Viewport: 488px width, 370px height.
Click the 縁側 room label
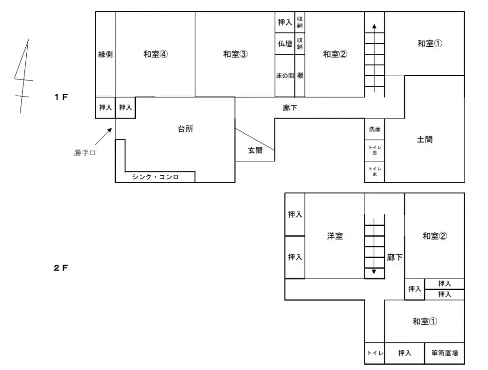click(105, 54)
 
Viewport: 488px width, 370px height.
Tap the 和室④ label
click(155, 54)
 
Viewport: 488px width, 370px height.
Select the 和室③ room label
click(235, 54)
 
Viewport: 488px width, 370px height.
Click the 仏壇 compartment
click(285, 44)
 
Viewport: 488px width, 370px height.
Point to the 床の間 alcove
click(285, 76)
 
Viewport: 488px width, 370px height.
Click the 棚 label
click(300, 76)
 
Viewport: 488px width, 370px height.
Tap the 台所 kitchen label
click(185, 129)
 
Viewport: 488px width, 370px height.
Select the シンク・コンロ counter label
click(155, 177)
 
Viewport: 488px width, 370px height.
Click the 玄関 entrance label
click(255, 151)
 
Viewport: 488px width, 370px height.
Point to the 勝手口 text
click(85, 153)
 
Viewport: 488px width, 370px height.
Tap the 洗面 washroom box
click(375, 129)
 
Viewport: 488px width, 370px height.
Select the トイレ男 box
click(375, 150)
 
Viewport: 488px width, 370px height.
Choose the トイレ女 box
click(375, 171)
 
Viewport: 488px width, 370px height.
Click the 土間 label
click(425, 140)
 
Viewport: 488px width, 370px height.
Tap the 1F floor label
click(61, 97)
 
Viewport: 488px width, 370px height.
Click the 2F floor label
click(61, 268)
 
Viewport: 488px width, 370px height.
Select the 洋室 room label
click(335, 236)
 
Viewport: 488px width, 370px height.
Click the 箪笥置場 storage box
click(445, 353)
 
